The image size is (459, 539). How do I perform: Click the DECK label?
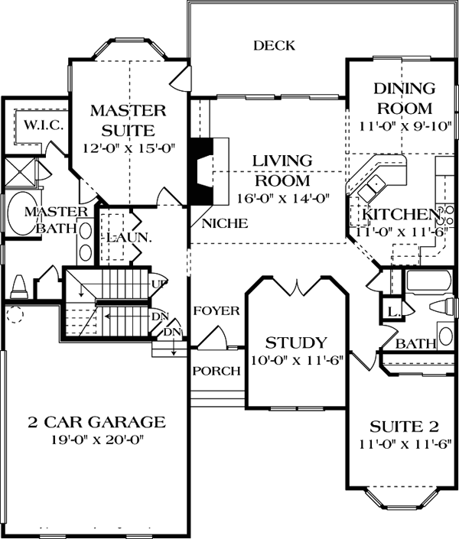click(274, 46)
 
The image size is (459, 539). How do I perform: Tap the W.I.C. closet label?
click(44, 125)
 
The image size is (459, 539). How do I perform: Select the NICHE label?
click(225, 224)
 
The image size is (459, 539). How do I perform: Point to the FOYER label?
click(216, 311)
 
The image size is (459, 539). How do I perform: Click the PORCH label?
click(216, 371)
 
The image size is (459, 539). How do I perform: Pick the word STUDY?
click(296, 343)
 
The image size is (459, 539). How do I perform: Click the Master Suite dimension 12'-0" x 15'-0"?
click(129, 148)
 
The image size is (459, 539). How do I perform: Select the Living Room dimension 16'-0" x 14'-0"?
click(284, 198)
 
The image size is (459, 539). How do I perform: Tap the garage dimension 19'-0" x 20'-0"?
click(97, 440)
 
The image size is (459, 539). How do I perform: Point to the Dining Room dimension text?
click(405, 126)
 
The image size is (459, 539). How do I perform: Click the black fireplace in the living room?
click(202, 171)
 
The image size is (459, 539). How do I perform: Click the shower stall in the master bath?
click(21, 173)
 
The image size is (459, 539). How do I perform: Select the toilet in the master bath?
click(19, 287)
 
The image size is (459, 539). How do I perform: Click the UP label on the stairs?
click(159, 284)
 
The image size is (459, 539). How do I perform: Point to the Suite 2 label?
click(404, 427)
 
